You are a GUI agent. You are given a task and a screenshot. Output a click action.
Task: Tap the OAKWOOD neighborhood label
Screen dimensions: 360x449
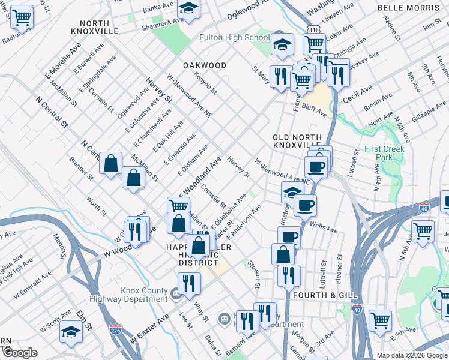coord(205,65)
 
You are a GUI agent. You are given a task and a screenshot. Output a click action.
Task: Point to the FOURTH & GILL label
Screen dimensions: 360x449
coord(325,295)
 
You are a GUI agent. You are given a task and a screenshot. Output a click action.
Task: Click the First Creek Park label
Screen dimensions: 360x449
coord(384,153)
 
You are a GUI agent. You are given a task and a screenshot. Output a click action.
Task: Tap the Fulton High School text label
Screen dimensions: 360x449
coord(235,38)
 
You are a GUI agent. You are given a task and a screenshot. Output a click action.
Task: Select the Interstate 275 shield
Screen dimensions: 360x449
coord(115,329)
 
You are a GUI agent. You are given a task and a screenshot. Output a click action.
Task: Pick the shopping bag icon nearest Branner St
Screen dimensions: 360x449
coord(111,163)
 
